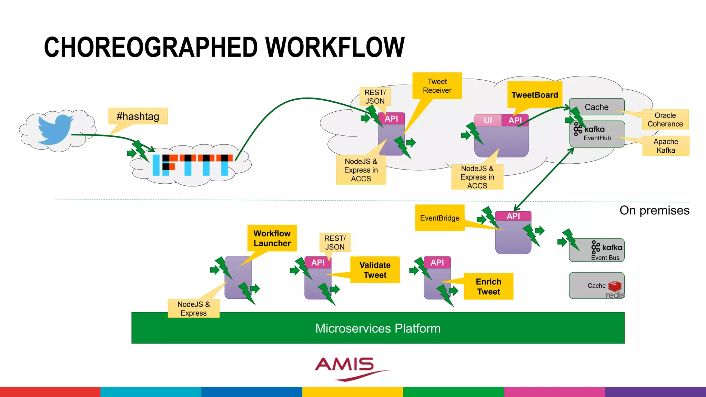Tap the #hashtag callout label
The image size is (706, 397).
coord(138,116)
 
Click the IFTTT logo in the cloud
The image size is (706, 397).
coord(193,165)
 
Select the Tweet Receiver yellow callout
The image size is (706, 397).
coord(437,86)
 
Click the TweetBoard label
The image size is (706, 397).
coord(534,95)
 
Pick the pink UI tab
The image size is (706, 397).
coord(487,120)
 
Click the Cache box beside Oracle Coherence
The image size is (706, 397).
coord(596,107)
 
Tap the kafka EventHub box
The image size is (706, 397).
coord(597,134)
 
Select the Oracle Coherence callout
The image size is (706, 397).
coord(665,120)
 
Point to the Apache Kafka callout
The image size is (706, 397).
coord(666,146)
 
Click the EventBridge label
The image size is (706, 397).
coord(440,218)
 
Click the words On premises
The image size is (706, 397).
coord(654,210)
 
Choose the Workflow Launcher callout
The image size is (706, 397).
coord(272,238)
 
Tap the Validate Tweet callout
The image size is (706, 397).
coord(375,270)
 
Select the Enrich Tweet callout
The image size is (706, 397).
coord(488,286)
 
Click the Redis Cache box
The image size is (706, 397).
coord(596,286)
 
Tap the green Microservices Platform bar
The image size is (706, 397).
coord(378,328)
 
